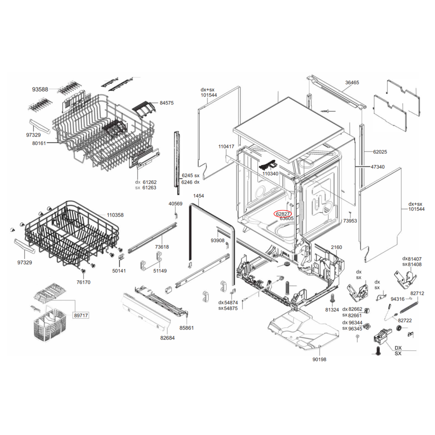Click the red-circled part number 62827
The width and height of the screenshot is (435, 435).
[283, 213]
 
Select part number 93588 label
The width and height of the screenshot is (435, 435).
[40, 89]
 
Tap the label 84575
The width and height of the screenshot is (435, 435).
[166, 103]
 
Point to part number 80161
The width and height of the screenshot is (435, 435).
[39, 143]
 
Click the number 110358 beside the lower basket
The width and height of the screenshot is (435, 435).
[115, 215]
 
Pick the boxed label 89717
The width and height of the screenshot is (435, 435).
[81, 315]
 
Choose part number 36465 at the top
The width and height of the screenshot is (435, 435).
[352, 82]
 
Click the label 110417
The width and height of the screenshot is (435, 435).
[226, 147]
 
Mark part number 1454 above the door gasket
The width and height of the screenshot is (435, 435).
[198, 196]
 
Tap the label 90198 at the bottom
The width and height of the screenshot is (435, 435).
[319, 359]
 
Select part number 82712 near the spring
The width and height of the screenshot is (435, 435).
[417, 293]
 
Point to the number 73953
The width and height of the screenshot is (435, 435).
[350, 221]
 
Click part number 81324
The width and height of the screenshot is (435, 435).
[332, 310]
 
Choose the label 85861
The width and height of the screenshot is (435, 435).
[186, 328]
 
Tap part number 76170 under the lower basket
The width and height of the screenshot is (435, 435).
[83, 282]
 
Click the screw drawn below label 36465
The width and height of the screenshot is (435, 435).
[325, 111]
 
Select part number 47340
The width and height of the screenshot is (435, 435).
[378, 167]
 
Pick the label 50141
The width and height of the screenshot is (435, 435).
[119, 271]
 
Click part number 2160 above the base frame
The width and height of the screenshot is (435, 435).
[336, 247]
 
